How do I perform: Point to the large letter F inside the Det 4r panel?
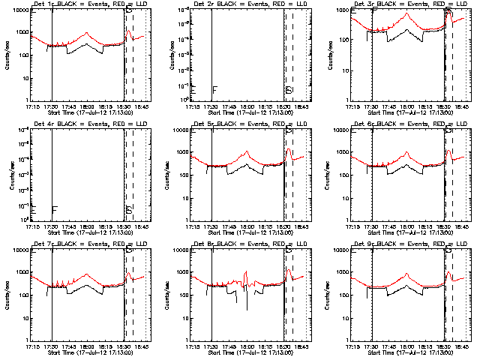[x=54, y=211]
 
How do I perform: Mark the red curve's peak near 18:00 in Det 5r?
[x=247, y=152]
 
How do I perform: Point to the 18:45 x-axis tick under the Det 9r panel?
[x=459, y=347]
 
